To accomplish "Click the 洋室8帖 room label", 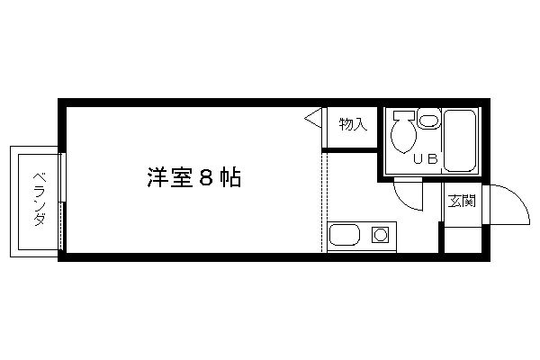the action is (x=194, y=178).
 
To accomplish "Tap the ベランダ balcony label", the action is (x=40, y=200).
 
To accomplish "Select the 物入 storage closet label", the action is (x=353, y=124).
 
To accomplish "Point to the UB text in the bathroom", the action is (x=426, y=158).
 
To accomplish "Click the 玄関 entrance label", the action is (x=462, y=201).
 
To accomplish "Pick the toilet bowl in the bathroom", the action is (x=403, y=136).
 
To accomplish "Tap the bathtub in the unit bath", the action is (x=460, y=140).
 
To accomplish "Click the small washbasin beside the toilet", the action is (x=428, y=120).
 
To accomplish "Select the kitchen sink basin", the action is (x=345, y=235).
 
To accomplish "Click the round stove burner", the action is (x=381, y=235).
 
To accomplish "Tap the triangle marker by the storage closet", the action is (x=313, y=119).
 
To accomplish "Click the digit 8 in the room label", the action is (x=206, y=178).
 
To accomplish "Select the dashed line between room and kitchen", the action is (x=322, y=202).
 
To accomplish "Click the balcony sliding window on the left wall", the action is (x=62, y=201).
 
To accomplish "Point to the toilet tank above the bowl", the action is (x=404, y=115).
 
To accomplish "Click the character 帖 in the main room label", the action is (x=230, y=178).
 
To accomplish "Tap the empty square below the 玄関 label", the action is (x=463, y=239).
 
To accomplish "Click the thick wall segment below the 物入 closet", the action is (x=349, y=150).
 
